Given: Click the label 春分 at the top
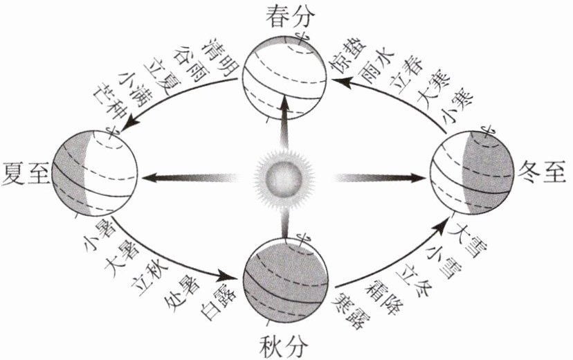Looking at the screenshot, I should [x=285, y=15].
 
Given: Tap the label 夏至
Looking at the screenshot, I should [x=24, y=172].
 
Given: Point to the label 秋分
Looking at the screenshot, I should [x=285, y=344].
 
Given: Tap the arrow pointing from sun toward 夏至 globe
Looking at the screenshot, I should [x=187, y=178].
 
